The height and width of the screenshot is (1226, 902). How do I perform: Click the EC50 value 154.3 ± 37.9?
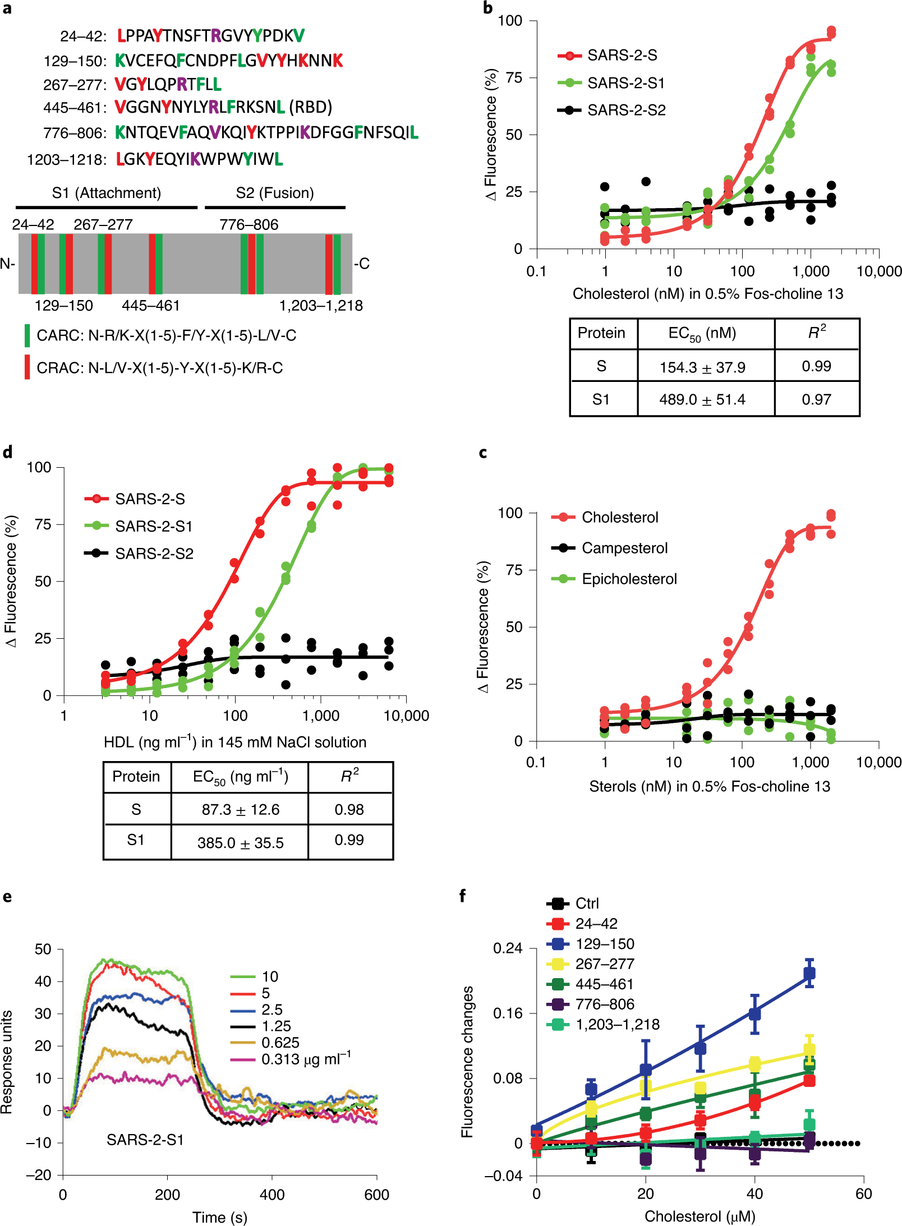702,367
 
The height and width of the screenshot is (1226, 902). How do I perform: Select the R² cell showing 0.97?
816,399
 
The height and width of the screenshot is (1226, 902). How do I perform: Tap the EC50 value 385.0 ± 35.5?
240,843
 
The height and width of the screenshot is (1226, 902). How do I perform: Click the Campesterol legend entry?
624,548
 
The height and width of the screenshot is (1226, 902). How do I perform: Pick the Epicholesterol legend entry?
629,579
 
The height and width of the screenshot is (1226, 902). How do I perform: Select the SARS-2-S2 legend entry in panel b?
626,110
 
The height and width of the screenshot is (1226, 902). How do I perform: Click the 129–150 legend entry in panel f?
605,944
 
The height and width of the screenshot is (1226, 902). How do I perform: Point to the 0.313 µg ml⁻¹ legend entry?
305,1059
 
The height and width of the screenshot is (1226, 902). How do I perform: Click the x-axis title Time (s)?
219,1217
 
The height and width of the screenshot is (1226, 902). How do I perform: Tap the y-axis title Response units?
7,1062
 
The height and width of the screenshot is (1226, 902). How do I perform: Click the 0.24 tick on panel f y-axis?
507,948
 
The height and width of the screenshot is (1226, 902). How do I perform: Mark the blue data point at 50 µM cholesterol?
809,974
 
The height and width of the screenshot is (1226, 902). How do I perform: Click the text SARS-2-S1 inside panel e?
145,1140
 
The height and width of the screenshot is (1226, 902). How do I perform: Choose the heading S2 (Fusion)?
274,193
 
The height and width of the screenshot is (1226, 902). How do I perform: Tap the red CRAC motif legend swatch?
27,367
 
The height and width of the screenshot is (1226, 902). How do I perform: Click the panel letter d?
8,452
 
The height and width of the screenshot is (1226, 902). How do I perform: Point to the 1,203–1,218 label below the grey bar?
321,306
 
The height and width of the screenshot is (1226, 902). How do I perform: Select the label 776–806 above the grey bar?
248,224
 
